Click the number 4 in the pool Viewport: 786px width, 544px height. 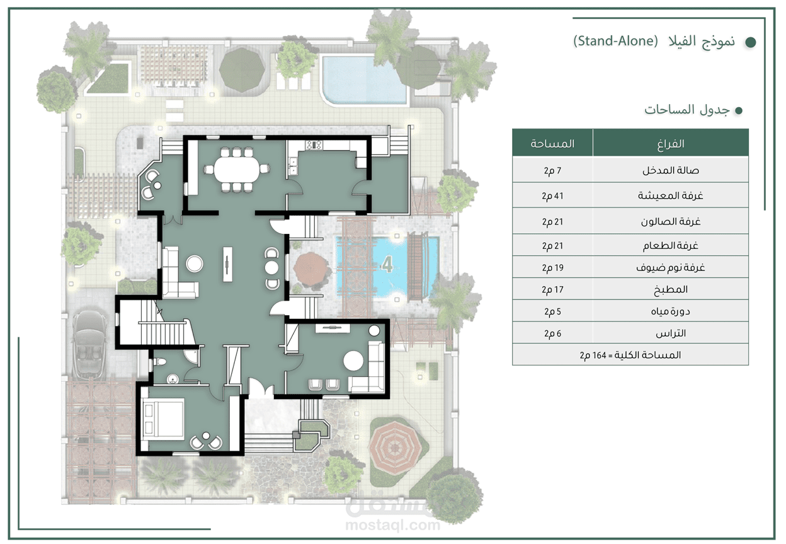pos(387,264)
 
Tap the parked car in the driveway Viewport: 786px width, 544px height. pos(89,345)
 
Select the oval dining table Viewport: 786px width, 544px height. pos(237,170)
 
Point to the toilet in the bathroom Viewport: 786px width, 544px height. pos(160,361)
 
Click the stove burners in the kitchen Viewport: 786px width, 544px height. pos(314,144)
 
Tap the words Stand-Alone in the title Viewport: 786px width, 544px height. pos(616,41)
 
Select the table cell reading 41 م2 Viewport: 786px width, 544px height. pos(552,196)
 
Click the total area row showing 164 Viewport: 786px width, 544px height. pos(630,355)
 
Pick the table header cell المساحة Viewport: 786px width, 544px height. pos(552,143)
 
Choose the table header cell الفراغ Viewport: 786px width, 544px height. pos(671,143)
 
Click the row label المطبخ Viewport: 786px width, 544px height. pos(671,290)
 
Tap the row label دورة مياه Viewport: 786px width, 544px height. pos(671,311)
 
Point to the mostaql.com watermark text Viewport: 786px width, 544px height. pos(392,525)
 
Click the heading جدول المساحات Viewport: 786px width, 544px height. pos(686,110)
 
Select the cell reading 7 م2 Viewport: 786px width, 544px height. pos(552,171)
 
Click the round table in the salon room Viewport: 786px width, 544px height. pos(353,361)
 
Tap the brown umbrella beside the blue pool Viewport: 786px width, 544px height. pos(310,270)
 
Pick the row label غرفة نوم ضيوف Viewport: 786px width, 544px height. pos(671,268)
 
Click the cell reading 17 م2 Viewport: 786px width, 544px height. pos(552,290)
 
